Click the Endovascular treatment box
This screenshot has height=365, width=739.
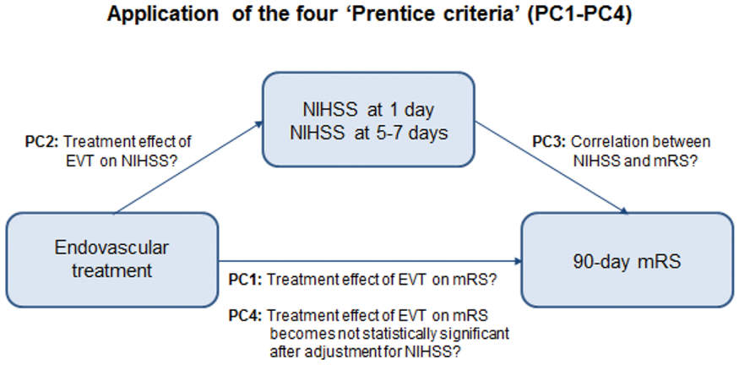(x=112, y=260)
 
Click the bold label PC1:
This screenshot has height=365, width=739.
(x=246, y=281)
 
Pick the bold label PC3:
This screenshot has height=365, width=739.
(x=550, y=142)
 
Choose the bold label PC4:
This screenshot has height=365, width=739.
(x=246, y=315)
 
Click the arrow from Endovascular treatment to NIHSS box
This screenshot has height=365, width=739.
(x=188, y=167)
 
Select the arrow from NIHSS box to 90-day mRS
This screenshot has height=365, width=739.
(x=552, y=168)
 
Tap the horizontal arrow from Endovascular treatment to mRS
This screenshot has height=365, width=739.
(x=371, y=261)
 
